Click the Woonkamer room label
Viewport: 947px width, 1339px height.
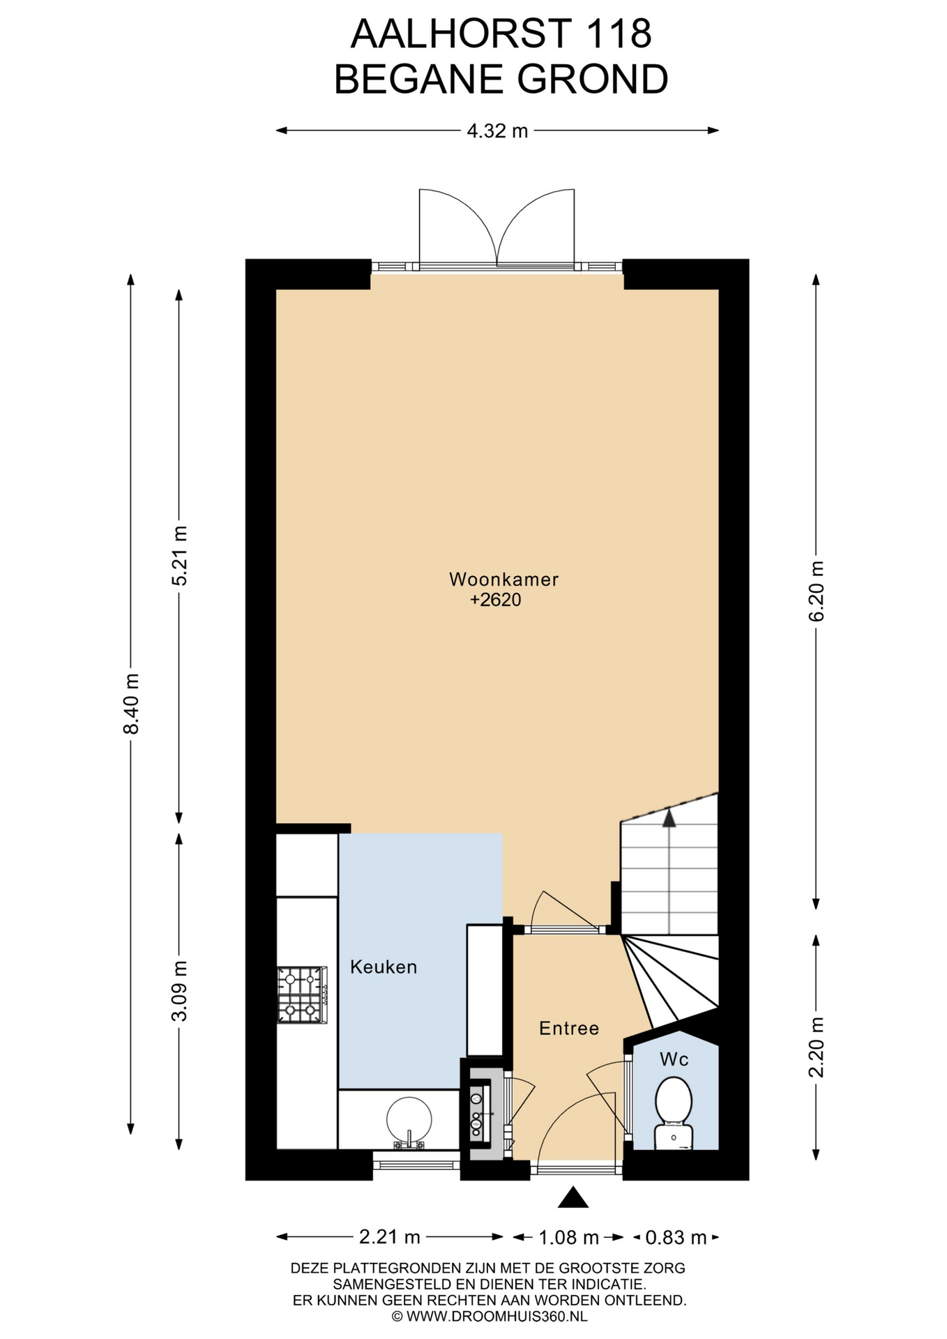(503, 579)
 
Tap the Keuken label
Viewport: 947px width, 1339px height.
(384, 967)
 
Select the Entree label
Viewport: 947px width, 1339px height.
(569, 1028)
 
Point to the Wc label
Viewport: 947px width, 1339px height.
(674, 1059)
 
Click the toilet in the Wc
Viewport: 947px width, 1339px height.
(674, 1113)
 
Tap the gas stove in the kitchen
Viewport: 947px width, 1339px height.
(302, 994)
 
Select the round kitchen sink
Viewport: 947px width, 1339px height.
(409, 1121)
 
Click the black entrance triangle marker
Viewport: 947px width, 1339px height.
(573, 1197)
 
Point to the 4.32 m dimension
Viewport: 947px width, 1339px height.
(497, 130)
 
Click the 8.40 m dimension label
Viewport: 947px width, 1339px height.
(131, 703)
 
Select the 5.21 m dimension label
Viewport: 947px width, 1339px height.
(180, 556)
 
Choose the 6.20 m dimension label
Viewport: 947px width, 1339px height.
(816, 591)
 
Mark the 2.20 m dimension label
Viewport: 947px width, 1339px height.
(816, 1047)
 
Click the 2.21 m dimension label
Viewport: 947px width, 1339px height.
(390, 1236)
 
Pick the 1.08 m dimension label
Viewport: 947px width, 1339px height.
(568, 1237)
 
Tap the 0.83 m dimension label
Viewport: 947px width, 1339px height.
(676, 1237)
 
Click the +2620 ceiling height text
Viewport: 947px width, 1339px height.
(496, 600)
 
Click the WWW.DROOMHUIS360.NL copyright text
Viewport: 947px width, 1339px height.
(490, 1317)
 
